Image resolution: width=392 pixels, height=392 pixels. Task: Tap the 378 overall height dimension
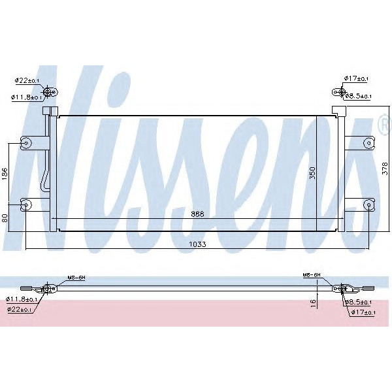[x=385, y=171]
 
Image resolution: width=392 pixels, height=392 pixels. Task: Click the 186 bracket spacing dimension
[x=5, y=173]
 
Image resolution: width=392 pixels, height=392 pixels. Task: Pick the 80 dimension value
[x=5, y=217]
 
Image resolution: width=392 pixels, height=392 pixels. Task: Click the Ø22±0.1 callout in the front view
[x=27, y=80]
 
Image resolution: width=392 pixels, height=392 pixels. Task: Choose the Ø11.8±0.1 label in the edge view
[x=24, y=299]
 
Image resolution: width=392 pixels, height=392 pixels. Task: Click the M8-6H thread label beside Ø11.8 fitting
[x=76, y=278]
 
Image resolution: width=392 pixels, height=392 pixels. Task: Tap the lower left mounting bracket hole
[x=27, y=204]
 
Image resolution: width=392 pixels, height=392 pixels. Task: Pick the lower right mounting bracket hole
[x=368, y=204]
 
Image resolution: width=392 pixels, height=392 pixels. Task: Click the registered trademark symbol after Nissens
[x=384, y=123]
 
